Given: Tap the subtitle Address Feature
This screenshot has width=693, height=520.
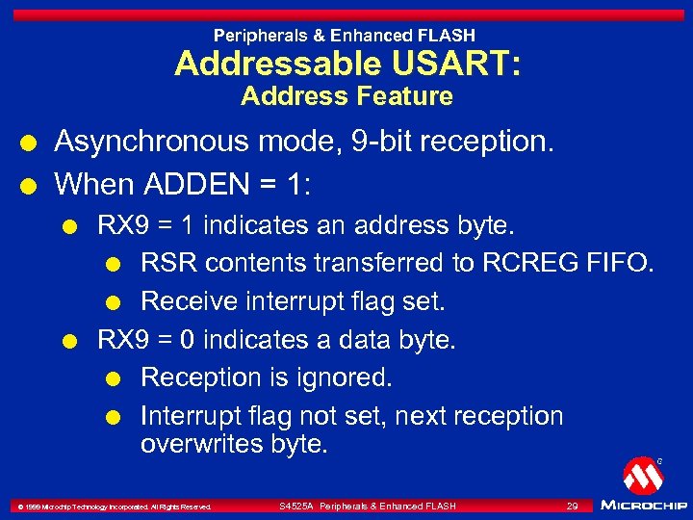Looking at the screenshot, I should pos(346,96).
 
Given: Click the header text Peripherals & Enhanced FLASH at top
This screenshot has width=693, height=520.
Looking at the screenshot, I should pos(346,36).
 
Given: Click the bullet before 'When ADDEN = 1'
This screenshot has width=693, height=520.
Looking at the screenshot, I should pos(34,182).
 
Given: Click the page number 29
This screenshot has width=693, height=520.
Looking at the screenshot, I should pos(572,506).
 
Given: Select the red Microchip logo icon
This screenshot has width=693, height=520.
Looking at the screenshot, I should pos(642,476).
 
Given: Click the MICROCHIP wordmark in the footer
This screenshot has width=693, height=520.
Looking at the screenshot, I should pos(643,506).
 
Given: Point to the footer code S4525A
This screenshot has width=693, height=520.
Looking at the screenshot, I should pos(296,506).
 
